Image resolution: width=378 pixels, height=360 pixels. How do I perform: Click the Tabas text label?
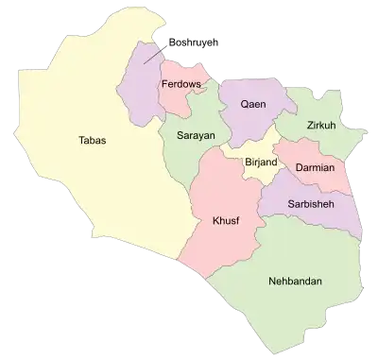[93, 141]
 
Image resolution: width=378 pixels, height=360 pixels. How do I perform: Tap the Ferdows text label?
[180, 85]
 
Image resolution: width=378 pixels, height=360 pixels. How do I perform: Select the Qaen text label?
[252, 104]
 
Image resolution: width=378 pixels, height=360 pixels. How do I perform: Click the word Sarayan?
[196, 136]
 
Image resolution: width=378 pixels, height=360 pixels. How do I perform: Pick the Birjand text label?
[261, 163]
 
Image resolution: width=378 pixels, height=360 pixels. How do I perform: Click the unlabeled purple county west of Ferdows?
[137, 80]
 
